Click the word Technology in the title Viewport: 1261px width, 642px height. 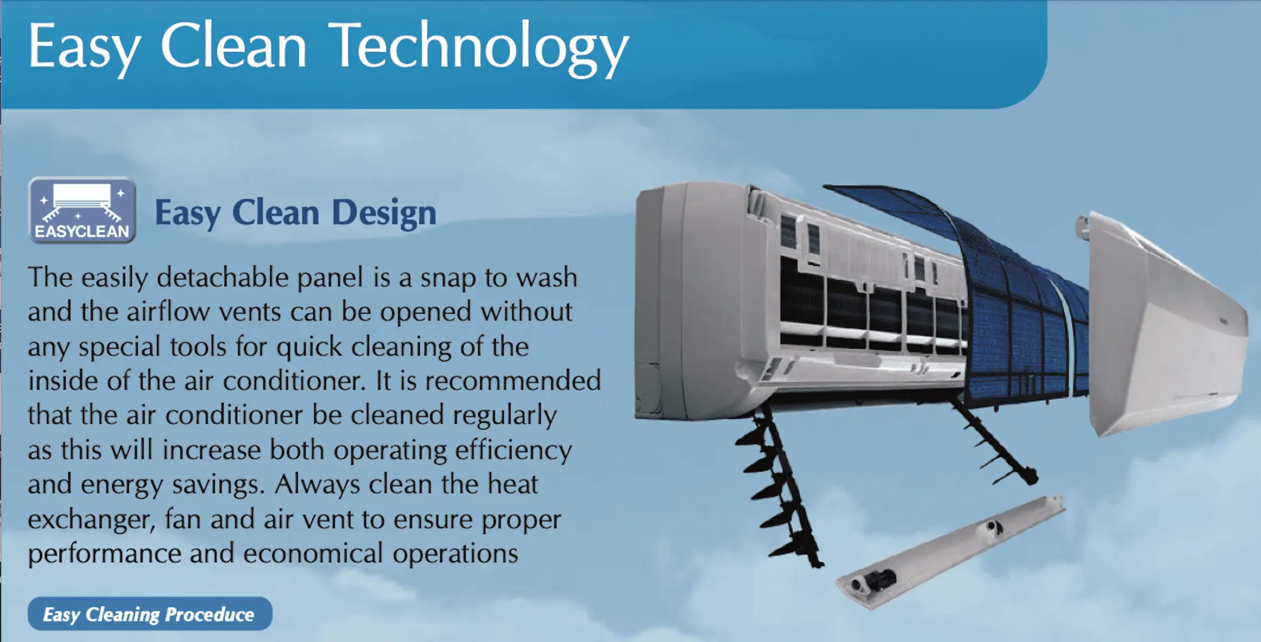coord(480,48)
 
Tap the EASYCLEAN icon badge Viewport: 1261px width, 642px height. coord(82,210)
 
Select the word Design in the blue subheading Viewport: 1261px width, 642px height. coord(384,214)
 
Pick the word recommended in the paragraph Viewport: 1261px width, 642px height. coord(513,381)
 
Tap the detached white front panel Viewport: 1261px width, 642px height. coord(1168,323)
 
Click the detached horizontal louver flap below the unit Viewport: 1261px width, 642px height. coord(949,552)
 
